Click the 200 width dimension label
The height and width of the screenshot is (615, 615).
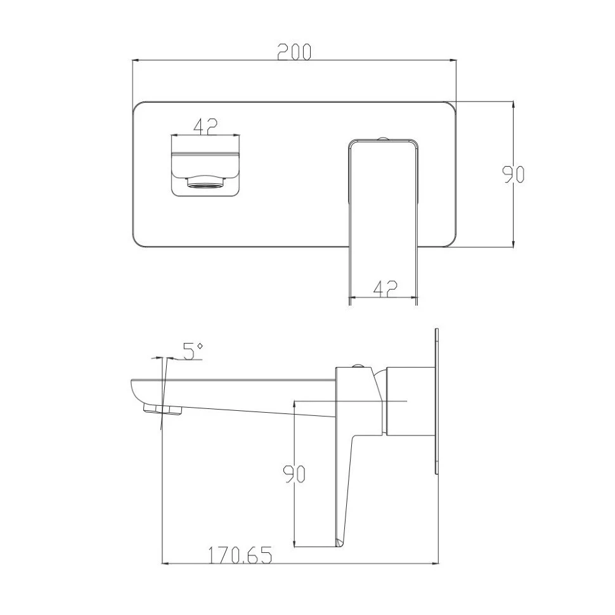294,52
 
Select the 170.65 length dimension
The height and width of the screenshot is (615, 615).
239,555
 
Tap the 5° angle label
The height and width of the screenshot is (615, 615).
193,351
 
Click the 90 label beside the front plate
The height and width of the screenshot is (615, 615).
514,174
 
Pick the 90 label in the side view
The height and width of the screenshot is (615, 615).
294,474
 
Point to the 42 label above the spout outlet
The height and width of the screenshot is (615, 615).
205,126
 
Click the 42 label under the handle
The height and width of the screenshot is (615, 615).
385,288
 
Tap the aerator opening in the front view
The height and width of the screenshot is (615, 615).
205,182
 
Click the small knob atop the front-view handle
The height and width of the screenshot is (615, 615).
383,139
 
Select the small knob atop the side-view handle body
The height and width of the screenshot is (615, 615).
358,366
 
